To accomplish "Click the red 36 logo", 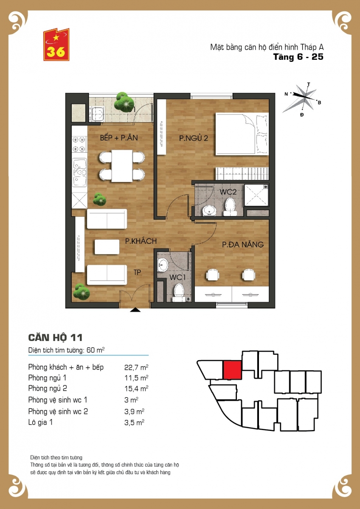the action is [x=56, y=45].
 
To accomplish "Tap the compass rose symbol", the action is [x=302, y=99].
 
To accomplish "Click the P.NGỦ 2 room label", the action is [x=194, y=138].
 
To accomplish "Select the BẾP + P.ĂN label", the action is [x=119, y=137].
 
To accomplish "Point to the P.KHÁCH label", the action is [x=141, y=241].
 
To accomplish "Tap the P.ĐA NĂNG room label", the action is [x=243, y=244].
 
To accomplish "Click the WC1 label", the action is [x=177, y=277].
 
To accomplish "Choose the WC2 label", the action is [x=228, y=192].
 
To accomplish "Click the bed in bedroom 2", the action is [x=242, y=134].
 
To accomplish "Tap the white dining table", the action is [x=122, y=166].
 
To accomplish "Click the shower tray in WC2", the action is [x=256, y=195].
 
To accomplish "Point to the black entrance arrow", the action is [x=135, y=310].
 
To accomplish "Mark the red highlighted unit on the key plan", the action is [x=232, y=370].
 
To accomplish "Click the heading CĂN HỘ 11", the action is [x=55, y=338].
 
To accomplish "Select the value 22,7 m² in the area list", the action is [x=136, y=367].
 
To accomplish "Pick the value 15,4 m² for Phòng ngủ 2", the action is [x=136, y=389].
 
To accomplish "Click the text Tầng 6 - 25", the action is [x=298, y=57].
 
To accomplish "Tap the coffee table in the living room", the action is [x=107, y=247].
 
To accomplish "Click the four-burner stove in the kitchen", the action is [x=79, y=144].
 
